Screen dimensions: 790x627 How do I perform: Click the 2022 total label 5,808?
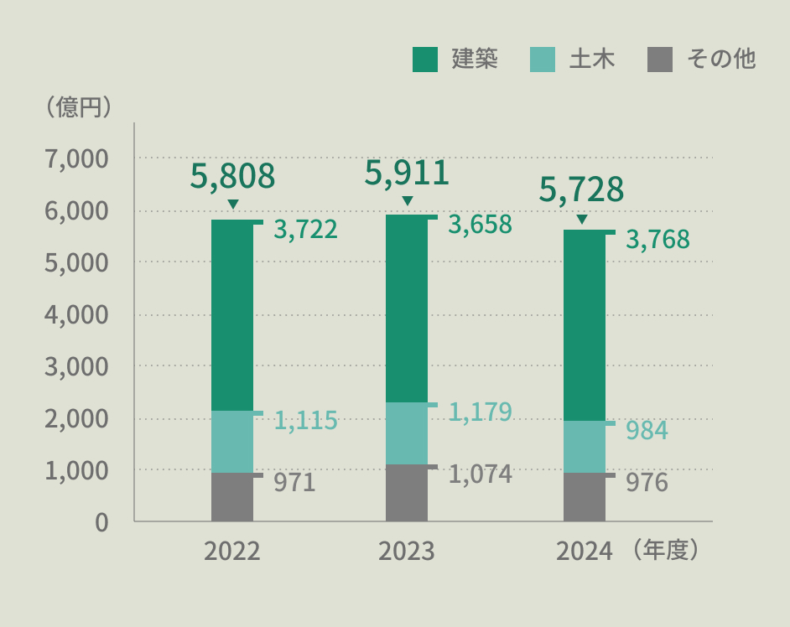pos(232,176)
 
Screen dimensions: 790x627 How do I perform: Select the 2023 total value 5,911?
pos(407,173)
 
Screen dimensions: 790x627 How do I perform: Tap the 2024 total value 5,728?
pos(581,189)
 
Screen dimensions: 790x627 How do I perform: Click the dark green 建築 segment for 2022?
pos(232,315)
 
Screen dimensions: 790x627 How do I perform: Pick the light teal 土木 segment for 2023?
pos(407,433)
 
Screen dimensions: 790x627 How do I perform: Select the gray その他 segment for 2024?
pos(585,497)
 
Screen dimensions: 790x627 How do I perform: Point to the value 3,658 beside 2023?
pos(481,225)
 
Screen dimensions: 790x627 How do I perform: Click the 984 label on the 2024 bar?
pos(647,431)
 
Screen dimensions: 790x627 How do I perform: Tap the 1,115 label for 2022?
pos(305,421)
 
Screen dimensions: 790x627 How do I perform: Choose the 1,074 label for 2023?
pos(481,474)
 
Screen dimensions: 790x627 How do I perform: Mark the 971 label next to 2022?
pos(294,483)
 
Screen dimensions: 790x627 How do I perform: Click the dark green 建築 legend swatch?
pos(424,60)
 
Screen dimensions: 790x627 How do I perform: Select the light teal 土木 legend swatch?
pos(543,60)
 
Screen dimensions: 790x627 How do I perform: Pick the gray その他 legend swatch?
pos(660,60)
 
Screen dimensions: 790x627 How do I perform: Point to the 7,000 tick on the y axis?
pos(76,159)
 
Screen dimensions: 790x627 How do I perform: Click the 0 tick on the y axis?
pos(101,523)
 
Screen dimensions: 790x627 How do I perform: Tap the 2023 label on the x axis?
pos(407,551)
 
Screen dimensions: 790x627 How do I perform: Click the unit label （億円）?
pos(78,107)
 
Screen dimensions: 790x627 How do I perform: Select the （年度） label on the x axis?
pos(665,550)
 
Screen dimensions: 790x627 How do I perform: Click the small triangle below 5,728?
pos(582,219)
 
